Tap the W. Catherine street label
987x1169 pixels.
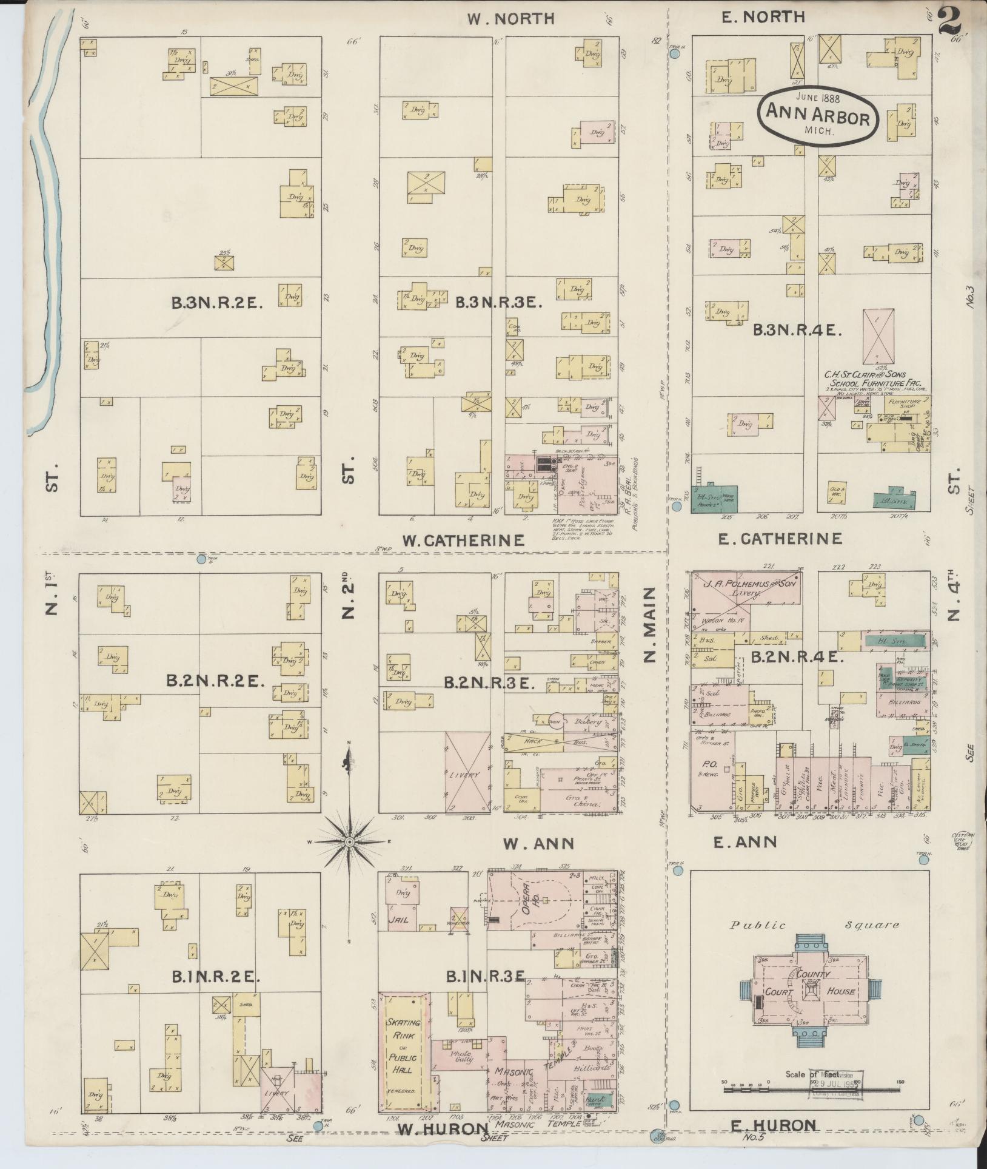(463, 540)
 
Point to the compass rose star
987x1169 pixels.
(349, 842)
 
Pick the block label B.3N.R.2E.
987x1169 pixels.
(216, 304)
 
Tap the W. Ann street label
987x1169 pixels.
(538, 843)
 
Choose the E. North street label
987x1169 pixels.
(763, 17)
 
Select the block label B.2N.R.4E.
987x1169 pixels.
(794, 656)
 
